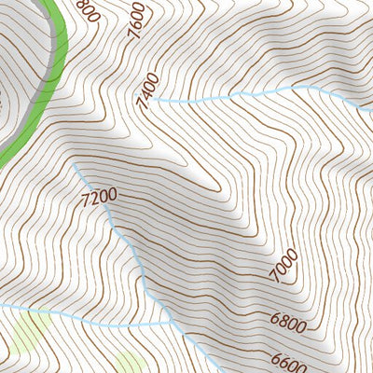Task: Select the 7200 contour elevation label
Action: (99, 197)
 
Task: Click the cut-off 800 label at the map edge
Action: (87, 9)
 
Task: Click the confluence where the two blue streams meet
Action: (173, 323)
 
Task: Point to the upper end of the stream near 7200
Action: (75, 162)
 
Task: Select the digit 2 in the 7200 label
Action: (96, 197)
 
